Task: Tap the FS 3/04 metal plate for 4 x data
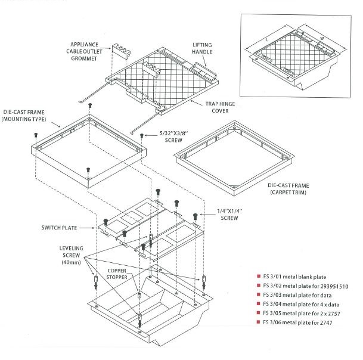tap(296, 304)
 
